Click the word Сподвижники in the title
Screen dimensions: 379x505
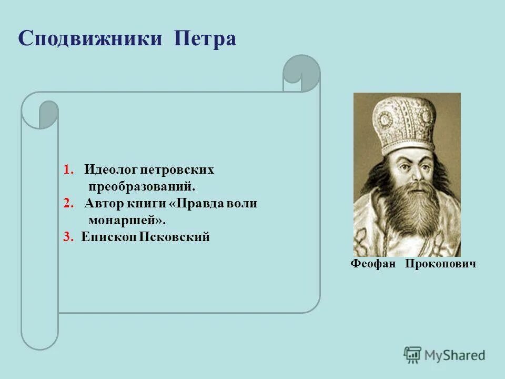[x=90, y=39]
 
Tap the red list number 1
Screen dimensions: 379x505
[x=67, y=170]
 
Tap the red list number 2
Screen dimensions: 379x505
[x=67, y=204]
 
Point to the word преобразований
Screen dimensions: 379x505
[x=142, y=187]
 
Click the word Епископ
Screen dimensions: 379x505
[x=108, y=237]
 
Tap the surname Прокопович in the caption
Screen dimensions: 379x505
[x=440, y=264]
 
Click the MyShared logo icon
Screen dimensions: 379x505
[x=413, y=355]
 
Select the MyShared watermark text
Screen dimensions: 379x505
[x=455, y=355]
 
